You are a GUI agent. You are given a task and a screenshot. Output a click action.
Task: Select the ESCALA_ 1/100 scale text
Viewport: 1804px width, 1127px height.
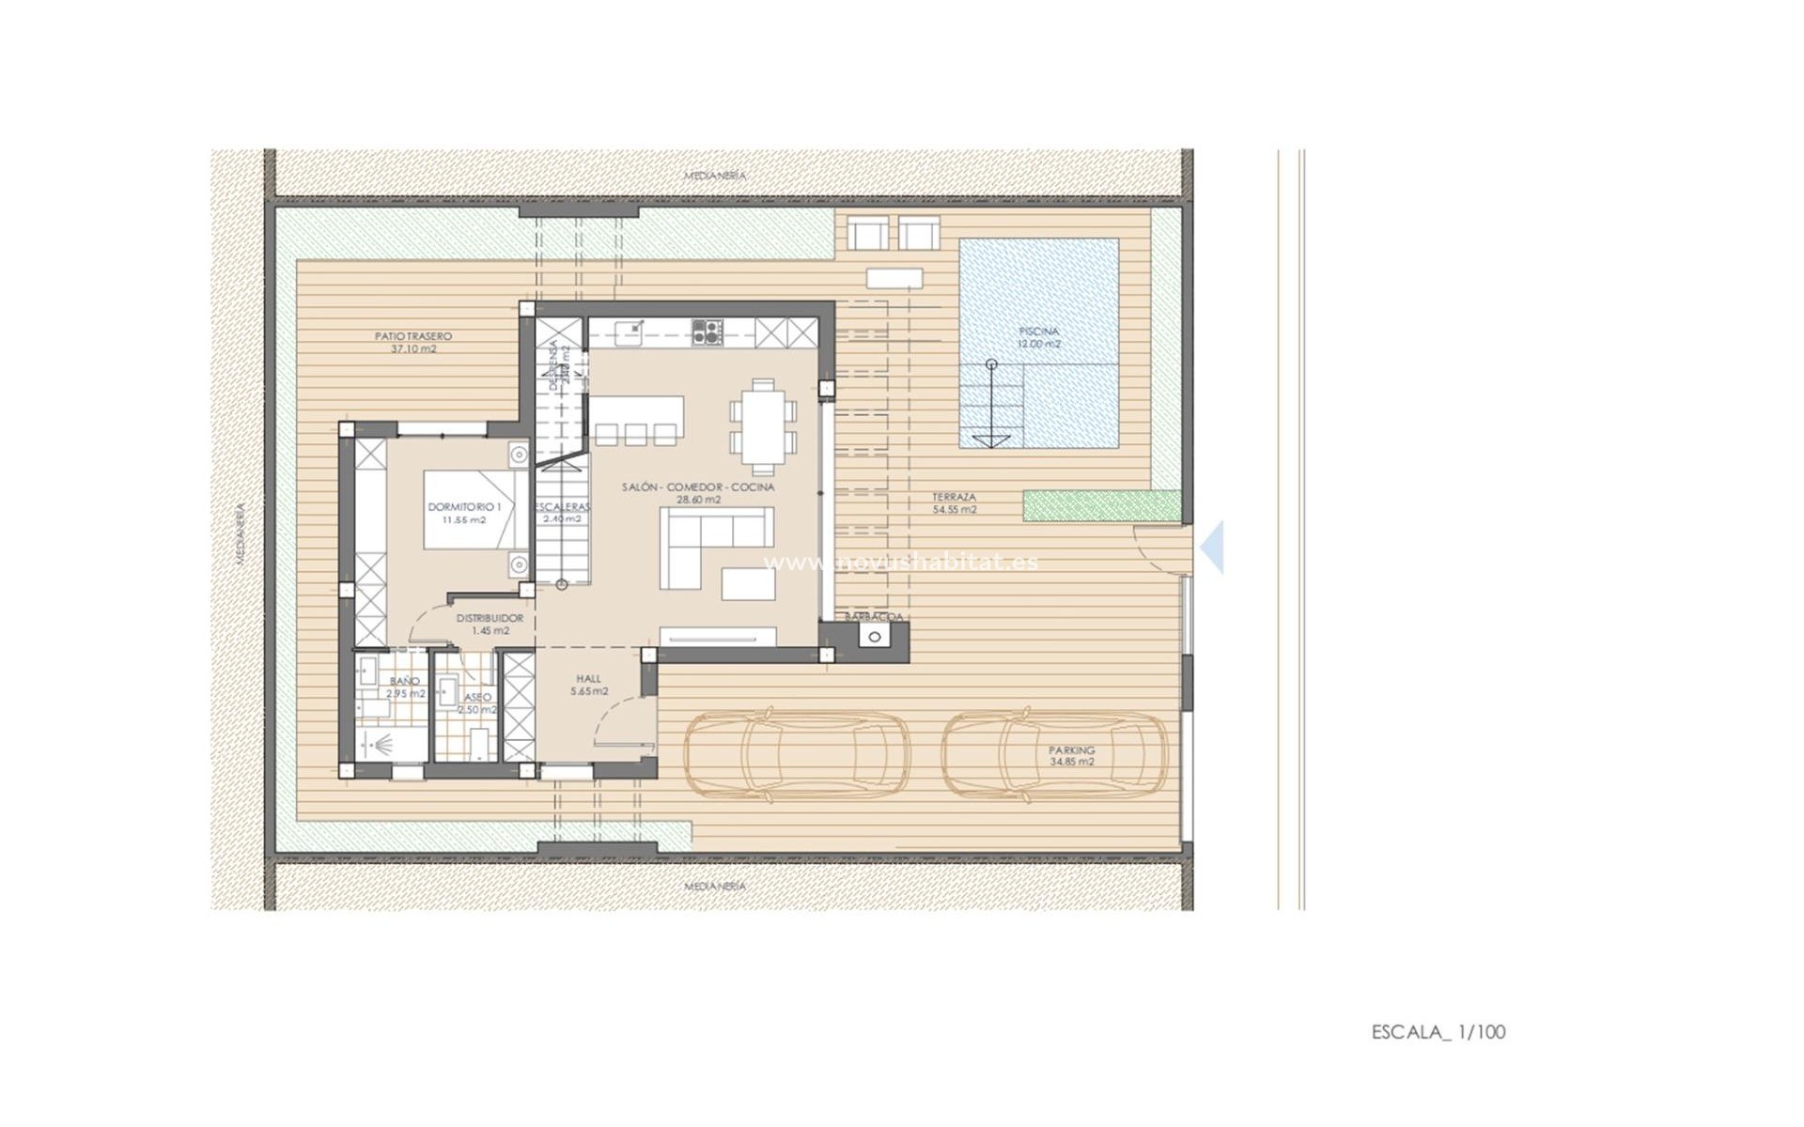tap(1438, 1031)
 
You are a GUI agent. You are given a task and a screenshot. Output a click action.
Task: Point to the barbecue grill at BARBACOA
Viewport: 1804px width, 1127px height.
tap(875, 638)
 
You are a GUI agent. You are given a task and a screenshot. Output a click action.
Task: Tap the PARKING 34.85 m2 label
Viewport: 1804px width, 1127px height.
tap(1071, 756)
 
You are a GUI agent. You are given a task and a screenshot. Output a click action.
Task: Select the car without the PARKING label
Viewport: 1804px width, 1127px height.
tap(797, 756)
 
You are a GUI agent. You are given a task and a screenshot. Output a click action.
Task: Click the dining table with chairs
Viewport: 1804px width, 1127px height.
tap(763, 426)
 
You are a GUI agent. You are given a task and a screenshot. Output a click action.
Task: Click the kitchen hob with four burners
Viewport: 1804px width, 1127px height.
tap(707, 331)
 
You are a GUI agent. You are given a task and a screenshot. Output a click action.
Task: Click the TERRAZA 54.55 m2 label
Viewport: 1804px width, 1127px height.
tap(954, 503)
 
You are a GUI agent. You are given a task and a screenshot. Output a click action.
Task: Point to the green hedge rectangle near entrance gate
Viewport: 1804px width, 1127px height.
tap(1101, 505)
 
